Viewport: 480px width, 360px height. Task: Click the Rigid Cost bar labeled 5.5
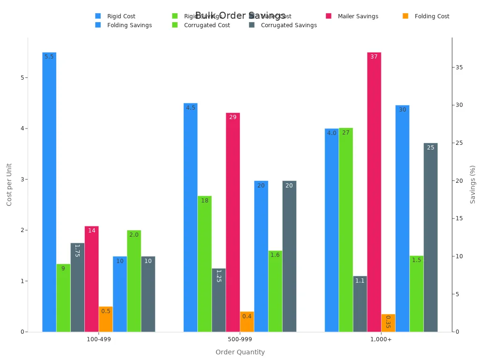(49, 192)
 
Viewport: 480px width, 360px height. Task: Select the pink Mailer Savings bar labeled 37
(374, 192)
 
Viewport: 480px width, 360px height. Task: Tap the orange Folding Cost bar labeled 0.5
(106, 319)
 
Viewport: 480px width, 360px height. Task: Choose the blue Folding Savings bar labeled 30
(402, 218)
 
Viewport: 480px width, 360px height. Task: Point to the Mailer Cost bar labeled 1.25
(218, 300)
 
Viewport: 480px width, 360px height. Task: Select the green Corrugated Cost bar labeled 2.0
(134, 281)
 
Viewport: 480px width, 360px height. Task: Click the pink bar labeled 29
(233, 222)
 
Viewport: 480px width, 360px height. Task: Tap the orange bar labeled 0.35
(388, 323)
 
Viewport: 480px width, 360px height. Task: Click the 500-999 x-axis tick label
(240, 339)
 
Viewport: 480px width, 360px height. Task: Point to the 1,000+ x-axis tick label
(381, 339)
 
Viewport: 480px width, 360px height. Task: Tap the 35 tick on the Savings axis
(459, 67)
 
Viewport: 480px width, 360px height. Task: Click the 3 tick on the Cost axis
(22, 180)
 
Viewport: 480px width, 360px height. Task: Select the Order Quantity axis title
(240, 352)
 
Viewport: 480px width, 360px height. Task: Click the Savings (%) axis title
(472, 184)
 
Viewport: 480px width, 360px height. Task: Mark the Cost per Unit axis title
(9, 184)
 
